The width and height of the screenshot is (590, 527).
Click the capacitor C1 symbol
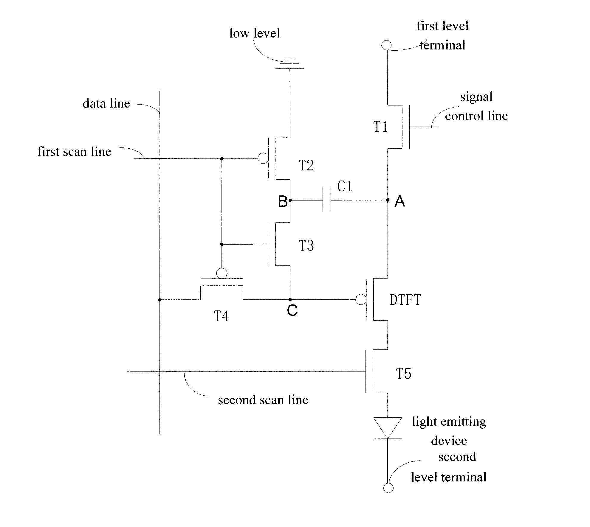click(327, 200)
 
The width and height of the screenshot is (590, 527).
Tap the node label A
click(399, 202)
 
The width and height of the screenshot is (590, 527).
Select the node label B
click(282, 202)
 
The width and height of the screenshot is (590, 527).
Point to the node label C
click(292, 311)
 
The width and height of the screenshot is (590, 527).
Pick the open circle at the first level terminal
click(386, 45)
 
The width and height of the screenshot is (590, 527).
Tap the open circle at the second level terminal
click(388, 488)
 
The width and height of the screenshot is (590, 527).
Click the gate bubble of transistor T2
click(263, 158)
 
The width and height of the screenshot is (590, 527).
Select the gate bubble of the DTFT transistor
click(361, 299)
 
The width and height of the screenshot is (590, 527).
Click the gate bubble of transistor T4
click(222, 273)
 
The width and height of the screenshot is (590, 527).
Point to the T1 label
click(380, 127)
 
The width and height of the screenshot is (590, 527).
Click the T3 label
click(306, 246)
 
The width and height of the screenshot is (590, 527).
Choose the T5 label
click(403, 374)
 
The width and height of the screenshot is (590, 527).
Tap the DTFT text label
click(405, 300)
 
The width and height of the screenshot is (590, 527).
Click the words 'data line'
click(106, 104)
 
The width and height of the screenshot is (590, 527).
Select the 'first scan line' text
click(74, 152)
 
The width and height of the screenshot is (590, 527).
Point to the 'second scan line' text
click(263, 400)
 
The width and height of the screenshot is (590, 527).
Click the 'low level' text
click(255, 33)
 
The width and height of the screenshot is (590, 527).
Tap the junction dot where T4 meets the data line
click(160, 300)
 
